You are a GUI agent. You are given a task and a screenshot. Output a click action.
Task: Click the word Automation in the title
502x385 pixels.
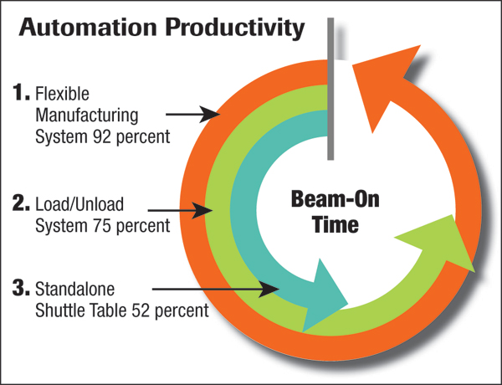[x=88, y=28]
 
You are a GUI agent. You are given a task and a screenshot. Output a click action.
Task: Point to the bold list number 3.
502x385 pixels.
[x=21, y=287]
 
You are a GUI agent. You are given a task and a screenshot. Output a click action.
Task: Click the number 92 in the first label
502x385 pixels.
[x=102, y=136]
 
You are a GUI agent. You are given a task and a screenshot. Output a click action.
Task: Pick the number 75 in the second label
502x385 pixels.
[x=102, y=225]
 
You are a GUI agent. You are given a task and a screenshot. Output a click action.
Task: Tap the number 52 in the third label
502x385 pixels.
[x=141, y=310]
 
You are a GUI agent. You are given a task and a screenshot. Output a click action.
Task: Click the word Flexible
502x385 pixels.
[x=63, y=94]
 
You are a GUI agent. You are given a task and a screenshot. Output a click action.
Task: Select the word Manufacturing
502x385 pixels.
[x=87, y=116]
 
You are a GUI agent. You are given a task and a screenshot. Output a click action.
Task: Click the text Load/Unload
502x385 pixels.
[x=79, y=204]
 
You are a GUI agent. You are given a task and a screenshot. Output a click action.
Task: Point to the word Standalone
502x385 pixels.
[x=75, y=289]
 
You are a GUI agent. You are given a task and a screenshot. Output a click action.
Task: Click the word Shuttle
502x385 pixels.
[x=60, y=310]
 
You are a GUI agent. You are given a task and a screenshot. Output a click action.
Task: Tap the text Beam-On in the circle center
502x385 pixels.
[x=336, y=199]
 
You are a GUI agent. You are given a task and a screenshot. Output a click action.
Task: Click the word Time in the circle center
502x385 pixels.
[x=336, y=224]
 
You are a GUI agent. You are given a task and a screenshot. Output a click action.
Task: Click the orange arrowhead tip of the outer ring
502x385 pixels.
[x=420, y=45]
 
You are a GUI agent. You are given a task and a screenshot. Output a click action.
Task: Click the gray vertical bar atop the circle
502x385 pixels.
[x=330, y=89]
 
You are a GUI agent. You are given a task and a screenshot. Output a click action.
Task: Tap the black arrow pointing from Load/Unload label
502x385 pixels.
[x=180, y=210]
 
